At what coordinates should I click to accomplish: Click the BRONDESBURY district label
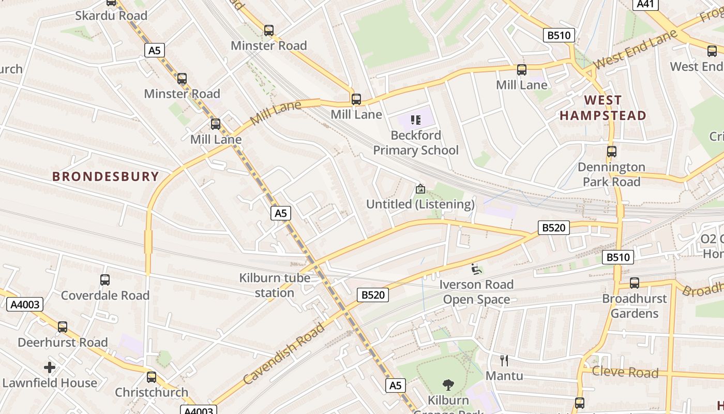click(105, 176)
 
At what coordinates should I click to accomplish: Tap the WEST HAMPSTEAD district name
click(603, 108)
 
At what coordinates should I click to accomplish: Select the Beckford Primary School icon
click(416, 120)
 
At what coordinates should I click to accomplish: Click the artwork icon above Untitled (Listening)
click(420, 189)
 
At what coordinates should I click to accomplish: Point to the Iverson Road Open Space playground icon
click(476, 269)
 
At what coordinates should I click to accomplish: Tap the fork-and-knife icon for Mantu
click(504, 361)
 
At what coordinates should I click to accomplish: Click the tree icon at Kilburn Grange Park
click(448, 385)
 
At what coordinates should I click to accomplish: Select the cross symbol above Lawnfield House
click(50, 367)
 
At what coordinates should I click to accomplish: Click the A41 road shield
click(646, 4)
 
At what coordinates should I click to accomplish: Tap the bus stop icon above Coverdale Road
click(105, 280)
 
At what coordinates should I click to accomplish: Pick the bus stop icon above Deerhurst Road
click(63, 327)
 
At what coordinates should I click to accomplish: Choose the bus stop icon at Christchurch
click(152, 377)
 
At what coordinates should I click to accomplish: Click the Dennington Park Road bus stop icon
click(612, 152)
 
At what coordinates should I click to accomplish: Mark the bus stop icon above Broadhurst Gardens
click(635, 283)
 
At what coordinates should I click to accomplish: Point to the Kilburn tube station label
click(275, 285)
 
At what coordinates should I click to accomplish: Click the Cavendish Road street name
click(284, 353)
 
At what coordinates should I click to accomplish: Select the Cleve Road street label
click(625, 372)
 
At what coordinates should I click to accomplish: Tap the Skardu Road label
click(111, 16)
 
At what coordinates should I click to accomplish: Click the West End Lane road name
click(635, 50)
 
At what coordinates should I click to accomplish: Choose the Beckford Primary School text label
click(416, 143)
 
